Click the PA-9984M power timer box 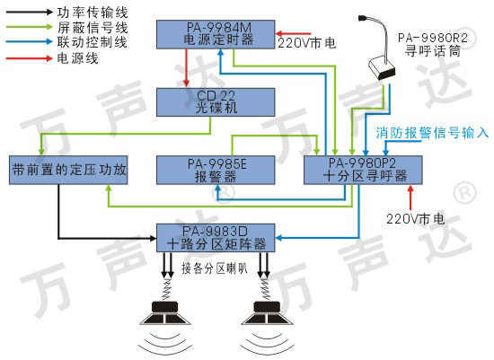[216, 34]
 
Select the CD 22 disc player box [216, 102]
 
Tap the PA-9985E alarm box [216, 170]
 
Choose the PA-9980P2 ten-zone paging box [363, 170]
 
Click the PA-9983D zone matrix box [216, 238]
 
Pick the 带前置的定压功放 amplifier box [68, 170]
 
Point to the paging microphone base [382, 68]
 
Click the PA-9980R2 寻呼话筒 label [433, 44]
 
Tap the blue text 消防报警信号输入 [432, 133]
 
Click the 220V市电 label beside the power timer [307, 43]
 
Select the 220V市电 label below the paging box [415, 218]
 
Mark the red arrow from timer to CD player [187, 67]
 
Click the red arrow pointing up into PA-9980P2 [410, 198]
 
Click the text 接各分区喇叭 [215, 268]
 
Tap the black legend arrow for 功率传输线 [30, 12]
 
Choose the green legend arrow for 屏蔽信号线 [30, 27]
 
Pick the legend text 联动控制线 [93, 42]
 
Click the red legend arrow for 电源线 [30, 58]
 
